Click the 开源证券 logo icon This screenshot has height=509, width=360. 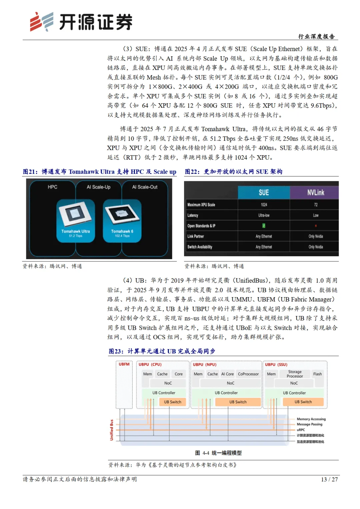point(41,22)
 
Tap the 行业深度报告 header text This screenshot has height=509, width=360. point(316,36)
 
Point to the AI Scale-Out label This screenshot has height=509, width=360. point(145,187)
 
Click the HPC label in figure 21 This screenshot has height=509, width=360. point(52,187)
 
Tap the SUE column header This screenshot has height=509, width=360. point(264,192)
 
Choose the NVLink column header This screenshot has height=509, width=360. point(315,192)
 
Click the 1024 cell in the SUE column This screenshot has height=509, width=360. point(264,205)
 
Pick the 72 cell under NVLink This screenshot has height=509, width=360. point(316,205)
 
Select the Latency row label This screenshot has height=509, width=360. point(193,215)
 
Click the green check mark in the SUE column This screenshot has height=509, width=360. point(264,226)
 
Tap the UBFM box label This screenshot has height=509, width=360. point(124,364)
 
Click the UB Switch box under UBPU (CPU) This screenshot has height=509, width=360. point(172,402)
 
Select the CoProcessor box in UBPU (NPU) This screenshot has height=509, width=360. point(248,374)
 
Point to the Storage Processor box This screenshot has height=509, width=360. point(295,374)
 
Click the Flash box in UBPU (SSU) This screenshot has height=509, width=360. point(317,374)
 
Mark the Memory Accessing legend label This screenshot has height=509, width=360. point(311,419)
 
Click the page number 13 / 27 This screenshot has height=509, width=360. point(329,479)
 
